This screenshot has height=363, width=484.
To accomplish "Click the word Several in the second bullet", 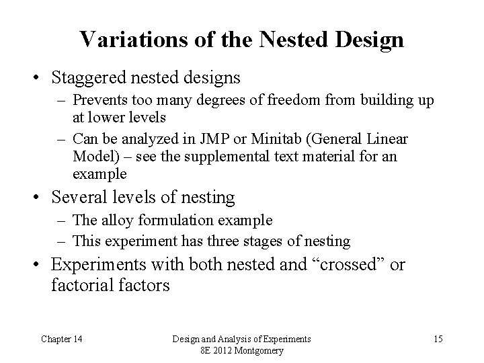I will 77,198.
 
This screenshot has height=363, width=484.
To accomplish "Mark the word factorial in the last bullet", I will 79,285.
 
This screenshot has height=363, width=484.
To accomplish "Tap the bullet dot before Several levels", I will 39,198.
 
